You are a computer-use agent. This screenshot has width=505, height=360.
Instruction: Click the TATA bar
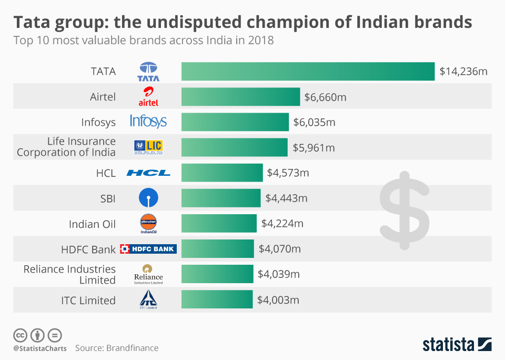(x=308, y=71)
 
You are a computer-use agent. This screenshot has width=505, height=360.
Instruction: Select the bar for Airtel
(x=240, y=97)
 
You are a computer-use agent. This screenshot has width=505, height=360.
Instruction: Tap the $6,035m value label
(x=314, y=123)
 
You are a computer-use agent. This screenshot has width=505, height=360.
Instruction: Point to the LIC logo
(x=148, y=147)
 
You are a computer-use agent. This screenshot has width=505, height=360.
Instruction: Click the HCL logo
(x=148, y=173)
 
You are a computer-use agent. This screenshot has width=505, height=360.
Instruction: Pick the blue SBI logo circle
(x=148, y=198)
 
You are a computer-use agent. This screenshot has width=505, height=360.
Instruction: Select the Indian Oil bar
(x=219, y=224)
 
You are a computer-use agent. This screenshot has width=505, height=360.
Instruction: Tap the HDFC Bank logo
(x=148, y=249)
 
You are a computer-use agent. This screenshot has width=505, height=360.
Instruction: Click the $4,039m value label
(x=279, y=274)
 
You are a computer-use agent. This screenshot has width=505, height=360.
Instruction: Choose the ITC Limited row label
(x=88, y=301)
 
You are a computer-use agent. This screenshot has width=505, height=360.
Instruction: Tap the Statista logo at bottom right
(x=457, y=345)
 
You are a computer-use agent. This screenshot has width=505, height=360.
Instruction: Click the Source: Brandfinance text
(x=116, y=348)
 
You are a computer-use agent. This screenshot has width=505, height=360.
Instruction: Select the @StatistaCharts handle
(x=39, y=348)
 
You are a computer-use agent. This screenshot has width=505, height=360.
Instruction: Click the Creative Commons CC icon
(x=21, y=335)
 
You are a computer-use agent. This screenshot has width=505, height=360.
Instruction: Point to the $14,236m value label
(x=463, y=71)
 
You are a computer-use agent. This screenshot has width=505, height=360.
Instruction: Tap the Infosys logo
(x=148, y=122)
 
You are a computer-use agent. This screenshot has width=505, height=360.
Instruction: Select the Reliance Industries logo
(x=148, y=274)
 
